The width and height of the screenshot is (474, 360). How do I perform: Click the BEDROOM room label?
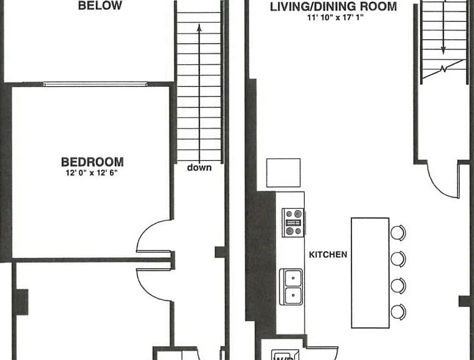tap(92, 162)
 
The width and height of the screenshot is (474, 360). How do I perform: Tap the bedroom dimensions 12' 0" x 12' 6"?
tap(92, 173)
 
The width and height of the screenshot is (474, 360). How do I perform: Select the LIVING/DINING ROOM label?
tap(333, 7)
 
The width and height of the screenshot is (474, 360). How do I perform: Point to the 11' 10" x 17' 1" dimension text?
tap(335, 17)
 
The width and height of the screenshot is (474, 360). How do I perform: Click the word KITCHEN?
tap(328, 255)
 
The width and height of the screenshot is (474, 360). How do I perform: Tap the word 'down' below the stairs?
tap(199, 167)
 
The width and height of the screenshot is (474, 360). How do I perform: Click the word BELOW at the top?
tap(100, 6)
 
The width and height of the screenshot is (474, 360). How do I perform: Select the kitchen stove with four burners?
tap(293, 222)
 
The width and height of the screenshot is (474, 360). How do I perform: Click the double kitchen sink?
tap(291, 287)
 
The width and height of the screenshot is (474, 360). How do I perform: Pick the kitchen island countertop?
tap(370, 272)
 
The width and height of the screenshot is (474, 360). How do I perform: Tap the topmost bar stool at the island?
tap(398, 232)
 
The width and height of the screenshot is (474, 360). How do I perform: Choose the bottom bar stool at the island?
tap(398, 312)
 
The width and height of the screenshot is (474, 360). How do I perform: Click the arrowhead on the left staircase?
tap(199, 27)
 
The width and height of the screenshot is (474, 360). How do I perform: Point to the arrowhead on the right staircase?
tap(443, 51)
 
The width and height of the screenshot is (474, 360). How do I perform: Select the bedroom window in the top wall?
tap(95, 84)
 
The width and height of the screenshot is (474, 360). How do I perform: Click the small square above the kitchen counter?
tap(284, 172)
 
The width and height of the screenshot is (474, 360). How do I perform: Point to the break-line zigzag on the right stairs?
tap(443, 69)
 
